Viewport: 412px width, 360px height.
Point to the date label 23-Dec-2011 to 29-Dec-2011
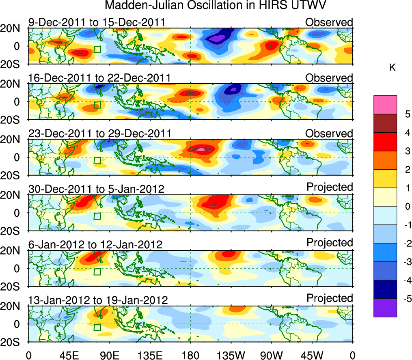pos(99,134)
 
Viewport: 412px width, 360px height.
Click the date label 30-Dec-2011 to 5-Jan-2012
pos(96,189)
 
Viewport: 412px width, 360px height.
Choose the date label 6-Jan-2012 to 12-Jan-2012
pos(95,245)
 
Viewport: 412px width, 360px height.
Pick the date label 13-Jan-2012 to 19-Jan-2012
pos(98,300)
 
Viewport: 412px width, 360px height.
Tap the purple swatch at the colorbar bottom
pos(385,308)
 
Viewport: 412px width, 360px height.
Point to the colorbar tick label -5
pos(406,299)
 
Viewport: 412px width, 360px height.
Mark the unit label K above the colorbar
pos(392,68)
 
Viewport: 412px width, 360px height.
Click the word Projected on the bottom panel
pos(330,298)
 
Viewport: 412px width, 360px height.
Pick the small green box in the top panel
pos(97,49)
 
